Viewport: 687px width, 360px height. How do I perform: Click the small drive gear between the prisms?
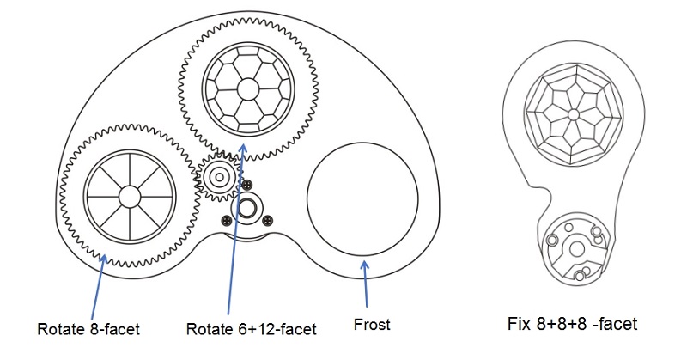pyautogui.click(x=219, y=177)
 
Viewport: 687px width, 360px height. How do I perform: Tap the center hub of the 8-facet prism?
pyautogui.click(x=129, y=195)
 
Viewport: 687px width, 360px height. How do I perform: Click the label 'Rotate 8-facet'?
pyautogui.click(x=88, y=327)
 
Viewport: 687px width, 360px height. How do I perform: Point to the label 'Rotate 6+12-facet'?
pyautogui.click(x=252, y=327)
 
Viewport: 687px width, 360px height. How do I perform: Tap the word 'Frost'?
pyautogui.click(x=372, y=325)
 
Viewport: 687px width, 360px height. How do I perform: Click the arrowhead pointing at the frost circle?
pyautogui.click(x=366, y=266)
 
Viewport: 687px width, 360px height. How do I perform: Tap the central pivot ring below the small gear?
pyautogui.click(x=251, y=206)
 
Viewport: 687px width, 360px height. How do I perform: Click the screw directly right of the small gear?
pyautogui.click(x=247, y=185)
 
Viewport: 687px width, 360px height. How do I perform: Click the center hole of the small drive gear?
pyautogui.click(x=219, y=177)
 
